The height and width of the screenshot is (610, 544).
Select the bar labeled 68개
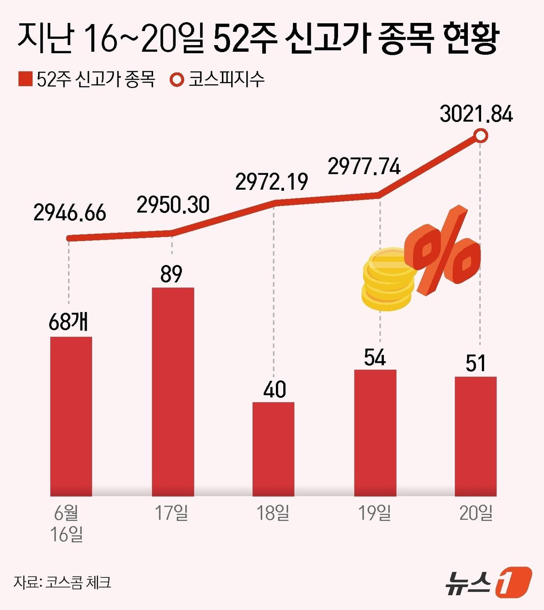coord(71,416)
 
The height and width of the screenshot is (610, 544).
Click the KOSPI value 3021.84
coord(476,114)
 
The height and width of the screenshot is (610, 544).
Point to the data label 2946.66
coord(70,213)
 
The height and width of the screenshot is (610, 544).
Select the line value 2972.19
coord(272,182)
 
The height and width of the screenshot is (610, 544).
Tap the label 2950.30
coord(173,205)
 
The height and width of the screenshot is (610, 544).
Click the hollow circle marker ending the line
coord(481,136)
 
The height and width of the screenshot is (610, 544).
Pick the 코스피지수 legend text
coord(227,79)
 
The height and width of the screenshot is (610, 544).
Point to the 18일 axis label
coord(273,513)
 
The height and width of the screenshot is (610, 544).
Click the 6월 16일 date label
coord(66,524)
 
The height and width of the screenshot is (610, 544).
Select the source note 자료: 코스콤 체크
coord(63,582)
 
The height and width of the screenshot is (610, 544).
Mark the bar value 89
coord(171,274)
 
